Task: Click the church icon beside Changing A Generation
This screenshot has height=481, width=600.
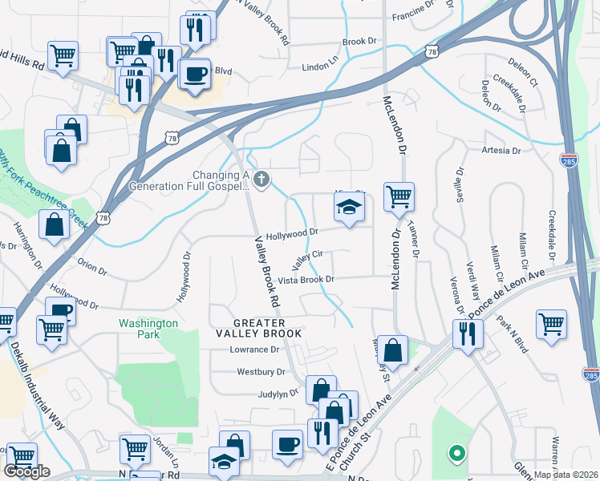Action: (x=260, y=177)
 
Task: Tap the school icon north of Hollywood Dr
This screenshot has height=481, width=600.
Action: (x=348, y=208)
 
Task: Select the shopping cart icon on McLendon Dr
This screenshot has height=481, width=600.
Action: (x=399, y=196)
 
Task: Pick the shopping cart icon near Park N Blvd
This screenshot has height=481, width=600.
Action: (x=552, y=325)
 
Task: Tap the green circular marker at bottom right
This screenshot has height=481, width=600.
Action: (x=456, y=454)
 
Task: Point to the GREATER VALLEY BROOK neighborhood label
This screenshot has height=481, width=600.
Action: (x=258, y=327)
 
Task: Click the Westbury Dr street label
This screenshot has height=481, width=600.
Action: (x=261, y=372)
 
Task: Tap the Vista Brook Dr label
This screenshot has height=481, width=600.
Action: (x=306, y=280)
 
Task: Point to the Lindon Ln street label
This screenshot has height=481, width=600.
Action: (x=319, y=68)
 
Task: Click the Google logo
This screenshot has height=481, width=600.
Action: (x=26, y=471)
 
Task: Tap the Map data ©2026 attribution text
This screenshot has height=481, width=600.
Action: (x=566, y=475)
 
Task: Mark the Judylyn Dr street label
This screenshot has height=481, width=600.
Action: (x=278, y=394)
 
